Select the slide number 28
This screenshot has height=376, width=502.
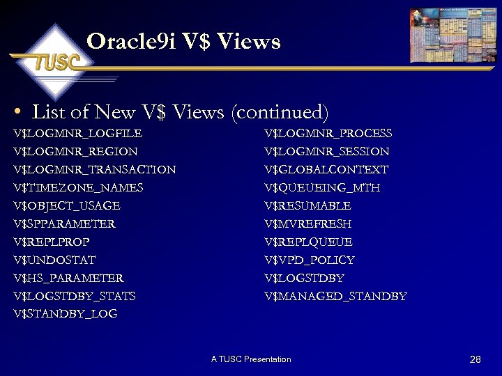476,359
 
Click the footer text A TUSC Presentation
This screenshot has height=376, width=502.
251,359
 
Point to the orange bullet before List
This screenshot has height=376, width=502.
19,112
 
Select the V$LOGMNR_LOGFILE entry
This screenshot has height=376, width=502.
77,133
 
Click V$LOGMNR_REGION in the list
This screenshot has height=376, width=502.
75,151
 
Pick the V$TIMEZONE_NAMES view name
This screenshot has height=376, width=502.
78,187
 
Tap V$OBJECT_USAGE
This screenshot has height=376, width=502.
67,205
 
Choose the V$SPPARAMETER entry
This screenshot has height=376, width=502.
64,224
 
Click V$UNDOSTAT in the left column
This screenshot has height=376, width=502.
54,260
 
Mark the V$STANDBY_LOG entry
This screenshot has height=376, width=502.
66,314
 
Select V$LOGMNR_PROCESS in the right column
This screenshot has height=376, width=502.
328,133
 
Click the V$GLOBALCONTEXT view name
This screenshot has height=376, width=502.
326,169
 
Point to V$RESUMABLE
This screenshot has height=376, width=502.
307,205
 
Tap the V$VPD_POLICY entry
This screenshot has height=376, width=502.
310,260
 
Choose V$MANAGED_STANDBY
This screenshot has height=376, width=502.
335,296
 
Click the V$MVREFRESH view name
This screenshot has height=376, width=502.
308,224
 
